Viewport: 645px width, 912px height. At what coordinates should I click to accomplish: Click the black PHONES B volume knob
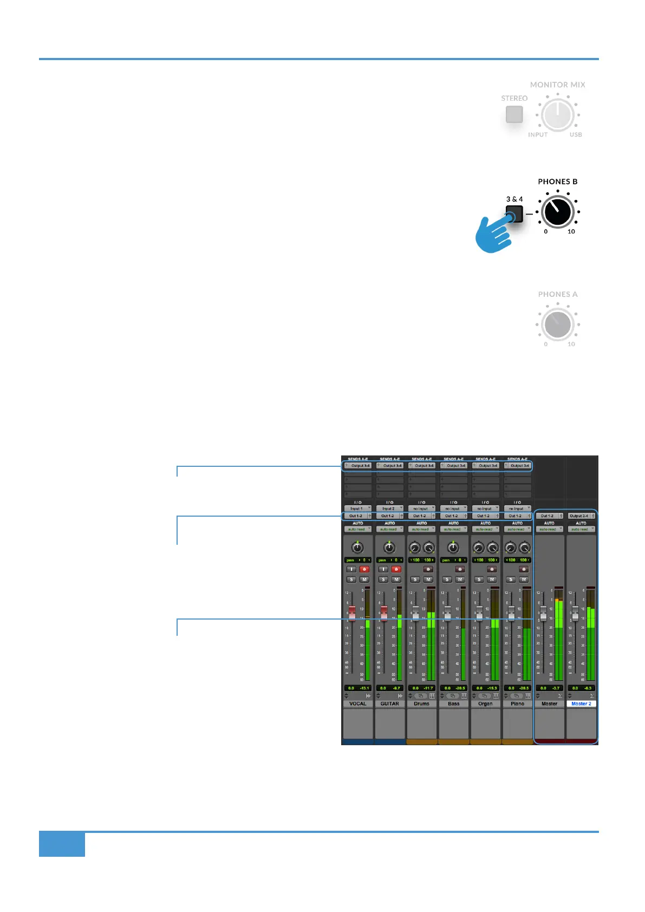(x=557, y=212)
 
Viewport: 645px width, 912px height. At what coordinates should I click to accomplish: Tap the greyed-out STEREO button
(x=514, y=114)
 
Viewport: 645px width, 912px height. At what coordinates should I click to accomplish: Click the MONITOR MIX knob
(x=557, y=114)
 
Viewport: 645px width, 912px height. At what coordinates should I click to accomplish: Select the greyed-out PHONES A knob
(x=557, y=324)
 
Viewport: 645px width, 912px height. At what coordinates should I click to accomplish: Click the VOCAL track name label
(x=357, y=703)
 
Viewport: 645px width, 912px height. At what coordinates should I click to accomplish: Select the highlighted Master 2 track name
(x=581, y=703)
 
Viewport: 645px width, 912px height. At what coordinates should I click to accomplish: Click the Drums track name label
(x=421, y=703)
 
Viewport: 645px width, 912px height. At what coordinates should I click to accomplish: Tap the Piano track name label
(x=517, y=703)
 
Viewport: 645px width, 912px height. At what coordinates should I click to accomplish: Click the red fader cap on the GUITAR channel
(x=384, y=613)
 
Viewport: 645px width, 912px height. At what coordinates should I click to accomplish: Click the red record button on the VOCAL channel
(x=364, y=569)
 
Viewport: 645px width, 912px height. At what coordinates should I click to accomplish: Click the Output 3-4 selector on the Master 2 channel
(x=580, y=516)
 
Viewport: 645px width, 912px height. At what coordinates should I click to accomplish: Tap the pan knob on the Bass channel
(x=453, y=548)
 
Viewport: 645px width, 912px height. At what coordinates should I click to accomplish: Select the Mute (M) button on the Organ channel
(x=492, y=579)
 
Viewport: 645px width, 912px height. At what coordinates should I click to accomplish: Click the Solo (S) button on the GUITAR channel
(x=383, y=579)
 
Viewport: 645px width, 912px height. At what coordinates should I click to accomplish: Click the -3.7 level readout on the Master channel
(x=556, y=688)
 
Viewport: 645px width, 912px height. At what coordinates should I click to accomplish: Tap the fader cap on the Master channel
(x=543, y=613)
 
